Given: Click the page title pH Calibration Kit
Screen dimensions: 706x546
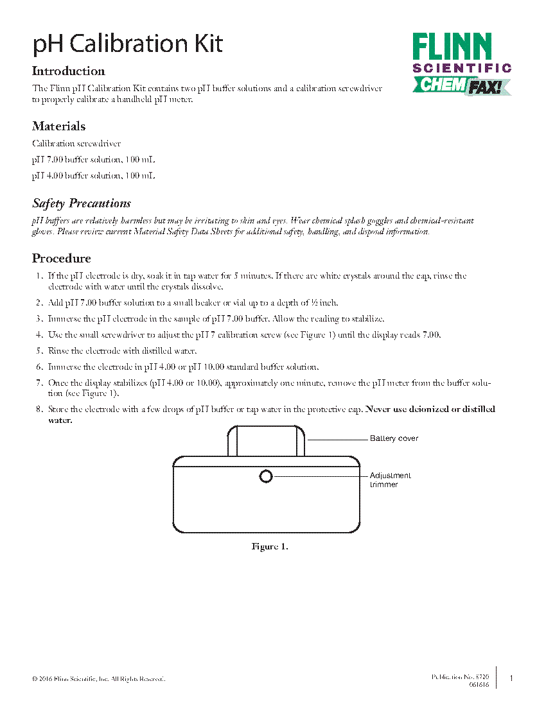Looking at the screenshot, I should (128, 44).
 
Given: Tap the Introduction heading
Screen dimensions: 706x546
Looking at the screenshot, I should (69, 71).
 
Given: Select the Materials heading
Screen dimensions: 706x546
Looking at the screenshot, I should (58, 126).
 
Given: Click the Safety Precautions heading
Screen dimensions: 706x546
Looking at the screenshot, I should (82, 203).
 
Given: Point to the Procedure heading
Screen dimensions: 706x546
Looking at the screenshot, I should (62, 259).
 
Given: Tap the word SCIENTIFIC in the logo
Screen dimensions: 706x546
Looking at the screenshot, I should (462, 68).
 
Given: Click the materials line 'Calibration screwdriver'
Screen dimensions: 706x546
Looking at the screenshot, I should (76, 144).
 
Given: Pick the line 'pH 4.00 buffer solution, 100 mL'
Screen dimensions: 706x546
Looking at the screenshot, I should (94, 175).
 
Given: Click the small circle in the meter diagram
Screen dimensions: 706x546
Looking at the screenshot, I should (266, 476).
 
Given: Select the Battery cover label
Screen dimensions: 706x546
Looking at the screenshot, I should (394, 438).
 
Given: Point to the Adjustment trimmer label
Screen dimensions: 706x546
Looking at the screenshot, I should (390, 480).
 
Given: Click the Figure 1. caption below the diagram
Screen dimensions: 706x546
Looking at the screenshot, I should (269, 547).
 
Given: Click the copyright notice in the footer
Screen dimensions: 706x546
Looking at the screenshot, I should (98, 678).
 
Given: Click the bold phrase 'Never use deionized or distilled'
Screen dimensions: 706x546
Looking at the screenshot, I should (430, 409).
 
